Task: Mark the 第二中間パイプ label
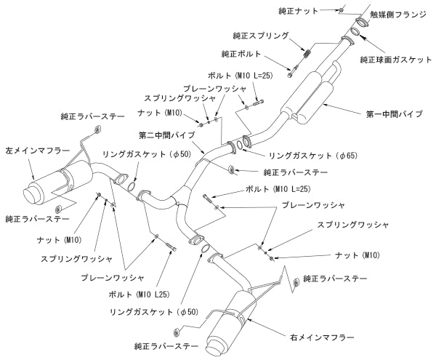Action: [x=166, y=135]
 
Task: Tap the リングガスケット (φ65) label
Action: [x=304, y=155]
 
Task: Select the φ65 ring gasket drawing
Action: [x=246, y=143]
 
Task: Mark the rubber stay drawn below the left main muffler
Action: [x=68, y=208]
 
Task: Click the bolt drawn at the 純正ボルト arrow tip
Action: [x=290, y=71]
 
